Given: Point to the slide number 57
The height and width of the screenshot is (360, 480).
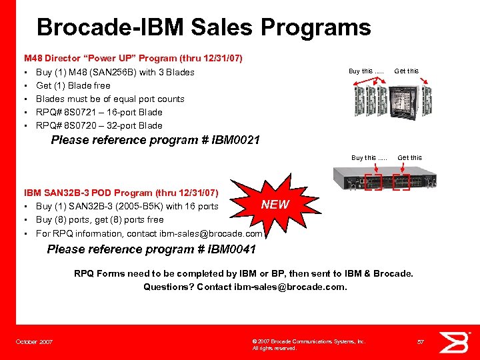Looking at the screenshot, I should tap(421, 342).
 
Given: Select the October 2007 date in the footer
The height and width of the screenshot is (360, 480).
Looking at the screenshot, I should tap(35, 342).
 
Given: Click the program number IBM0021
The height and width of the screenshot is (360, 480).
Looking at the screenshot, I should tap(235, 140).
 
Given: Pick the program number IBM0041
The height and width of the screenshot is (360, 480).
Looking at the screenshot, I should tap(231, 249).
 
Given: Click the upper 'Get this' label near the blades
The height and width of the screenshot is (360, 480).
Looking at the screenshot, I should tap(407, 71).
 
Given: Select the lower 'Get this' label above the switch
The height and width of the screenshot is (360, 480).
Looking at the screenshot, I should tap(409, 158).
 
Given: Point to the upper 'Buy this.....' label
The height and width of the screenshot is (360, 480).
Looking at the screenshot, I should tap(366, 71).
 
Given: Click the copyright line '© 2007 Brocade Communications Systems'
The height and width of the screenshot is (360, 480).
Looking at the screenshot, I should tap(309, 341).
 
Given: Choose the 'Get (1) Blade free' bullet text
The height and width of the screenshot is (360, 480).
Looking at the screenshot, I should tap(73, 85).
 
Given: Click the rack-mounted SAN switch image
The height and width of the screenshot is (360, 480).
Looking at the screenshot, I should tap(385, 181).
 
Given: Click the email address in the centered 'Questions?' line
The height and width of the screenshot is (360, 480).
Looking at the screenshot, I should tap(289, 287).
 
